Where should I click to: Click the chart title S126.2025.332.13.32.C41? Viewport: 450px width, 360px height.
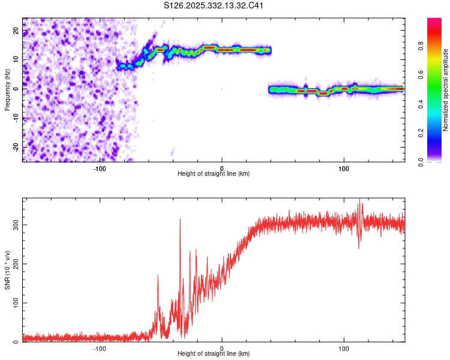tap(214, 6)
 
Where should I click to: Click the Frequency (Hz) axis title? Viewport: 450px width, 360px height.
tap(8, 90)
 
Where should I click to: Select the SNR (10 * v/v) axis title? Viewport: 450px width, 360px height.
tap(8, 271)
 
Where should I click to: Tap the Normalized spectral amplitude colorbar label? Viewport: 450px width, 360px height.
tap(446, 90)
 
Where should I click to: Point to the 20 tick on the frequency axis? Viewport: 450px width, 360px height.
tap(16, 30)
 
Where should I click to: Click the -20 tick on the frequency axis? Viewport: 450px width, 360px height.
tap(16, 147)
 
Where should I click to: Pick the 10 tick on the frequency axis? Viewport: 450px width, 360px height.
tap(16, 59)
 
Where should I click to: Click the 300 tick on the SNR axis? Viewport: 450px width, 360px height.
tap(14, 224)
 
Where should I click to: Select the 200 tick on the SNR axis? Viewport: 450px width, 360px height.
tap(14, 264)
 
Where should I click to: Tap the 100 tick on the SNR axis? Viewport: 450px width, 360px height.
tap(14, 303)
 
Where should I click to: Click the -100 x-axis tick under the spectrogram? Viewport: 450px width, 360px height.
tap(100, 168)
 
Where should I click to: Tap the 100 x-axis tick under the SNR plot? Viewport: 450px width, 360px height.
tap(344, 349)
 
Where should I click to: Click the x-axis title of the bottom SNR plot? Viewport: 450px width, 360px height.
tap(214, 355)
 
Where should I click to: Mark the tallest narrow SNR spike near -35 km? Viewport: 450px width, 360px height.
tap(180, 220)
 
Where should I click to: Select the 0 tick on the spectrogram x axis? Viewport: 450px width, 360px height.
tap(222, 168)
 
